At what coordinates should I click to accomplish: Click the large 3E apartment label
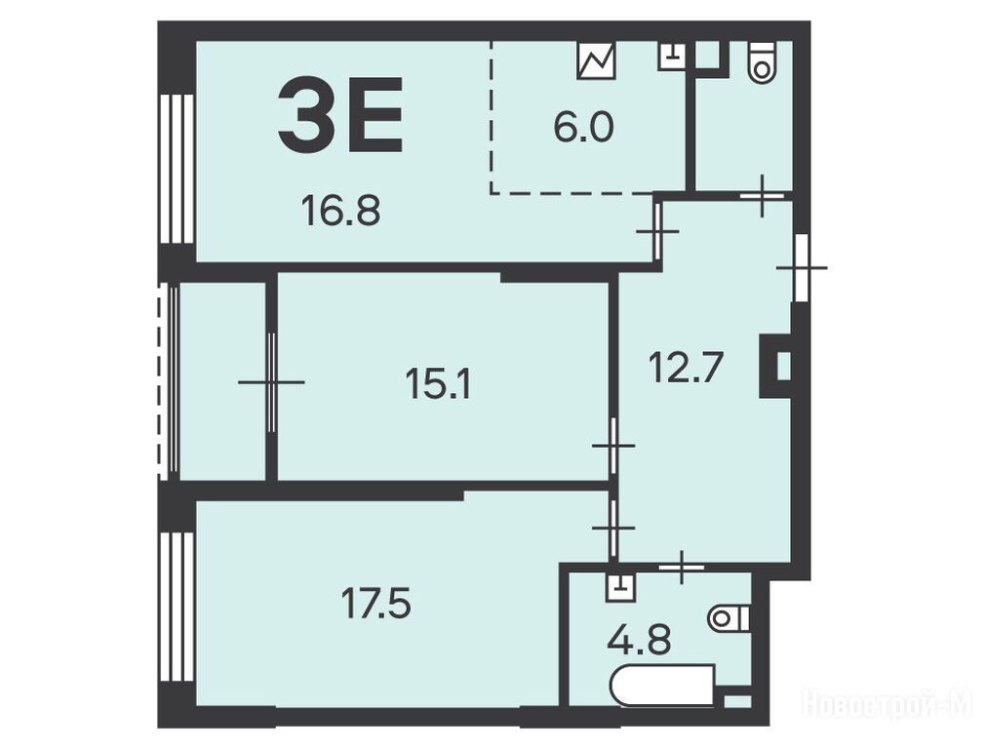(340, 114)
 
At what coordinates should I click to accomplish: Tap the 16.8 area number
(340, 210)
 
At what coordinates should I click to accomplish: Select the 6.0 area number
(583, 128)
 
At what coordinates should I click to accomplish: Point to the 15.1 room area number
(438, 383)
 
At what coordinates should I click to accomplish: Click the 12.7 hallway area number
(687, 368)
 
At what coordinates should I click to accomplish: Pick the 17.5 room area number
(376, 603)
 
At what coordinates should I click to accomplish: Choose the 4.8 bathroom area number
(639, 640)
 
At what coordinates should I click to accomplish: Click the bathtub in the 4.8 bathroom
(662, 686)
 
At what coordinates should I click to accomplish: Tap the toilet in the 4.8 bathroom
(729, 619)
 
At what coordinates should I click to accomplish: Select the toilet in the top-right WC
(763, 61)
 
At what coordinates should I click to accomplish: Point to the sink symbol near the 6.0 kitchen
(672, 56)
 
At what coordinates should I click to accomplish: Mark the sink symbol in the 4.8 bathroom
(621, 585)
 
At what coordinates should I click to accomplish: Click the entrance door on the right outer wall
(801, 268)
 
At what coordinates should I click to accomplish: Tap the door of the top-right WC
(762, 196)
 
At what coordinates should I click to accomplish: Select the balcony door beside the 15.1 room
(272, 382)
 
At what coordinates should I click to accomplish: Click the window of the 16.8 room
(177, 169)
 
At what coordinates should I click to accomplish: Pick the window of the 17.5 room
(177, 608)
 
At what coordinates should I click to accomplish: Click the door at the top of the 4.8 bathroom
(682, 567)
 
